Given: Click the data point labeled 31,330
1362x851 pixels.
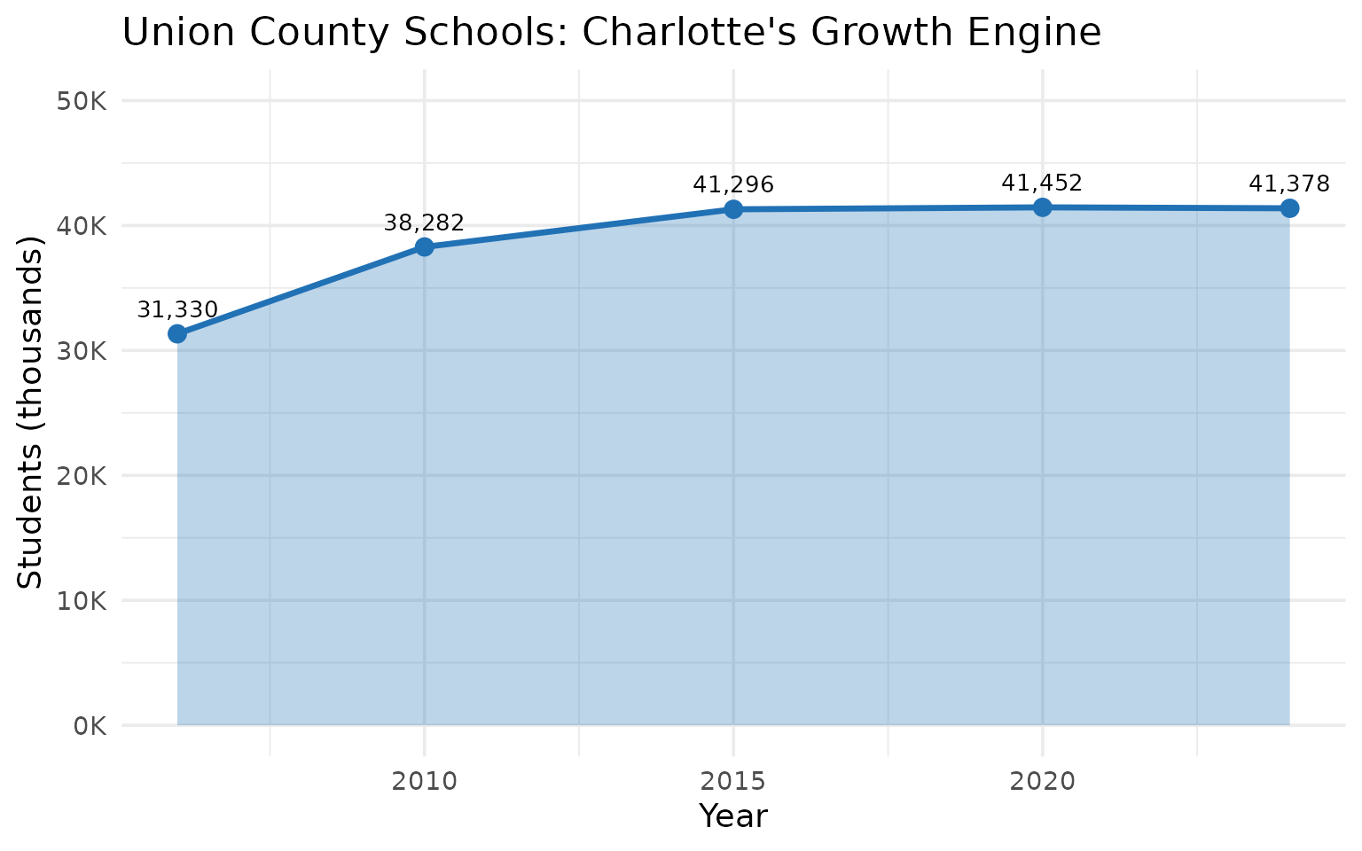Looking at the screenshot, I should [x=177, y=334].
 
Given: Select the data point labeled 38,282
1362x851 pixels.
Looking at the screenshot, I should [x=424, y=246].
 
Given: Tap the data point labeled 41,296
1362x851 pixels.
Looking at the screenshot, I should [x=733, y=209].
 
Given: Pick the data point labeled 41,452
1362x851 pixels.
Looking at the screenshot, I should [x=1043, y=207].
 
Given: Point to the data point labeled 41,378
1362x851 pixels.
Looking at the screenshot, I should [x=1289, y=208].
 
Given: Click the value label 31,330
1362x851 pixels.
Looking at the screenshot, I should [x=177, y=310].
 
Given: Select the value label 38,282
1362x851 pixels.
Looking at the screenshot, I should [x=424, y=223].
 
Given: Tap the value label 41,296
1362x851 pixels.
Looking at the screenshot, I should [x=733, y=185].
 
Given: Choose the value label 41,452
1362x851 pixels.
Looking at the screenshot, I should [x=1042, y=183].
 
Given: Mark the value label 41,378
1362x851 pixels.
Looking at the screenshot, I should [x=1288, y=184].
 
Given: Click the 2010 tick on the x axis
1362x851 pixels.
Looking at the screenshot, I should [x=424, y=782].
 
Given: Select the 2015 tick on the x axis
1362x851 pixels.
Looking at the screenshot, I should [x=733, y=782].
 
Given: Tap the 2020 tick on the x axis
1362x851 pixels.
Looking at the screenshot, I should [x=1043, y=782].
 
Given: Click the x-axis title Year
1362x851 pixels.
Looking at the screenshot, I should [x=733, y=816].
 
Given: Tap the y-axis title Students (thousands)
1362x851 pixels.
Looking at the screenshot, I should [x=31, y=412].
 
